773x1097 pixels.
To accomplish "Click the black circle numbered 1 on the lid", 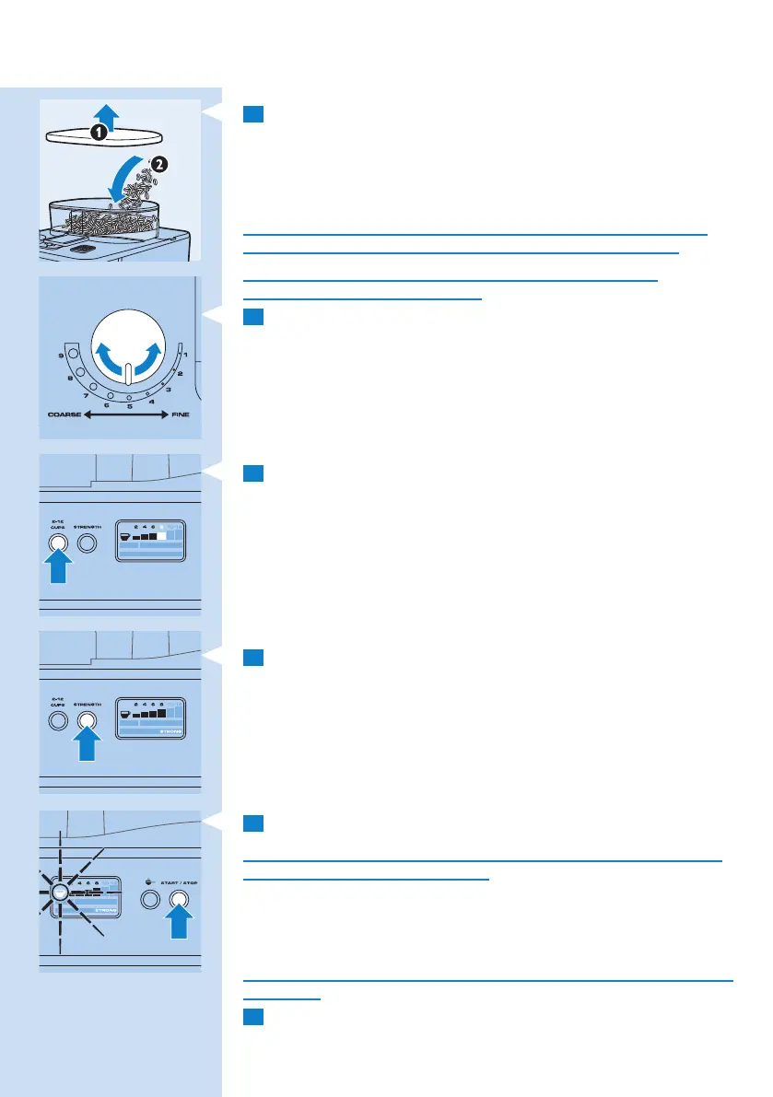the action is pos(99,132).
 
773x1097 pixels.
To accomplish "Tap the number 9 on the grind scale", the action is pos(60,355).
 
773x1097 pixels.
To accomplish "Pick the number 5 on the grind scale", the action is pos(129,406).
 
